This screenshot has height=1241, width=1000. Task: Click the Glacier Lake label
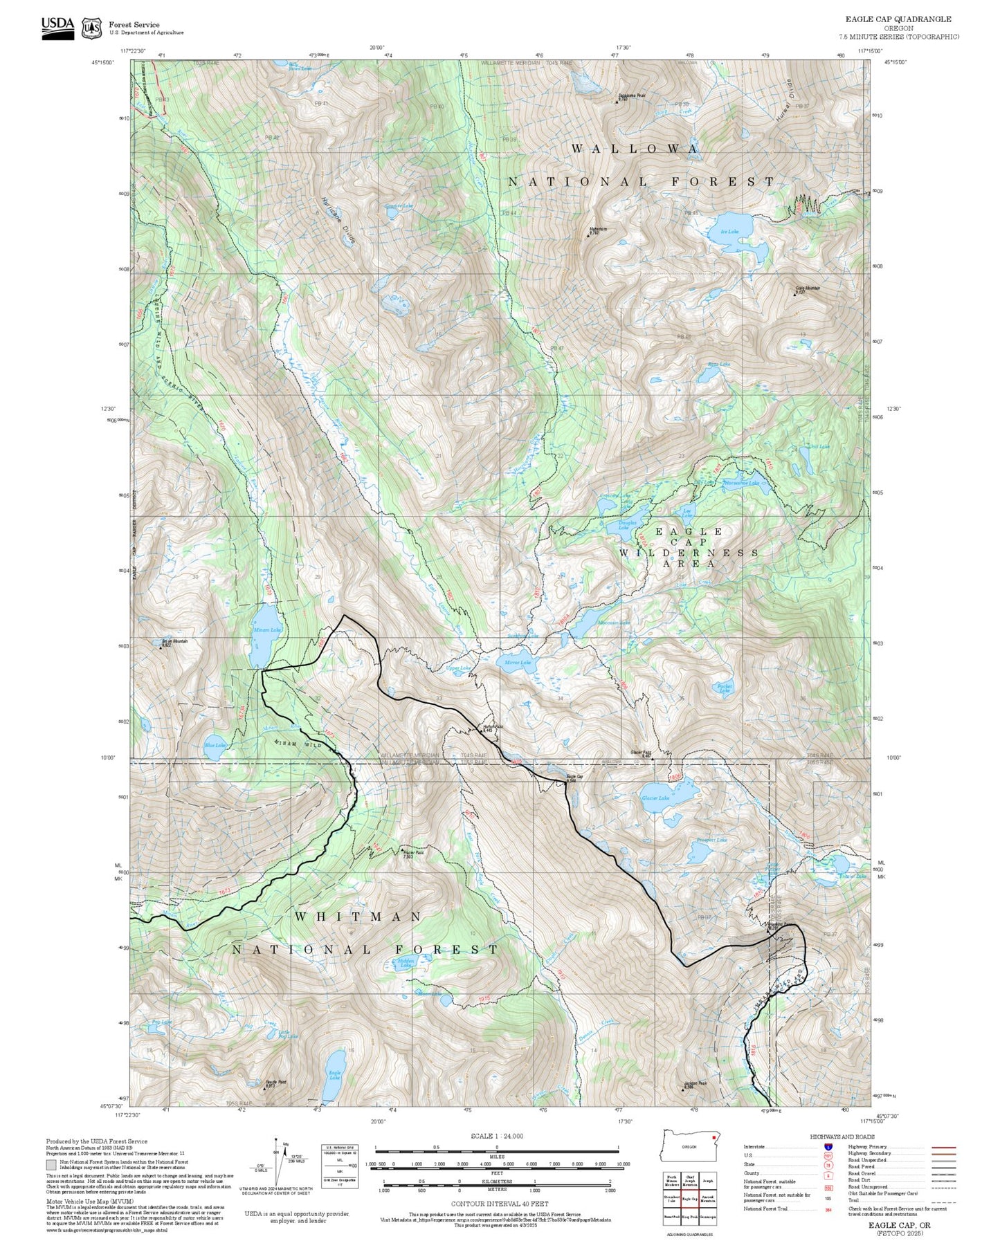tap(655, 798)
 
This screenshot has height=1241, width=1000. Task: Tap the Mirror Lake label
tap(517, 662)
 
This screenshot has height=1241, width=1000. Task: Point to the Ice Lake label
tap(729, 231)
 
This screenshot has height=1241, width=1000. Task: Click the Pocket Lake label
tap(724, 688)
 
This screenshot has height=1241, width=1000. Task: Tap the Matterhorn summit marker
tap(589, 236)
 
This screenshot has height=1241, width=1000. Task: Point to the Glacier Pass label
tap(640, 753)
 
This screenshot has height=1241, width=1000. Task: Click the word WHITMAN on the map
tap(358, 916)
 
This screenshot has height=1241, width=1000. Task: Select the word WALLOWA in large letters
tap(635, 149)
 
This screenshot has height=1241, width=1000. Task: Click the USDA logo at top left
tap(57, 27)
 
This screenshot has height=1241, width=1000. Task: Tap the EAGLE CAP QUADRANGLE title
tap(898, 19)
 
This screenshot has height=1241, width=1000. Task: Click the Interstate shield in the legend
tap(828, 1147)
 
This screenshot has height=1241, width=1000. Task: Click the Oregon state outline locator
tap(691, 1146)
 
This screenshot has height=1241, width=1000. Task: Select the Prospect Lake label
tap(711, 840)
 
